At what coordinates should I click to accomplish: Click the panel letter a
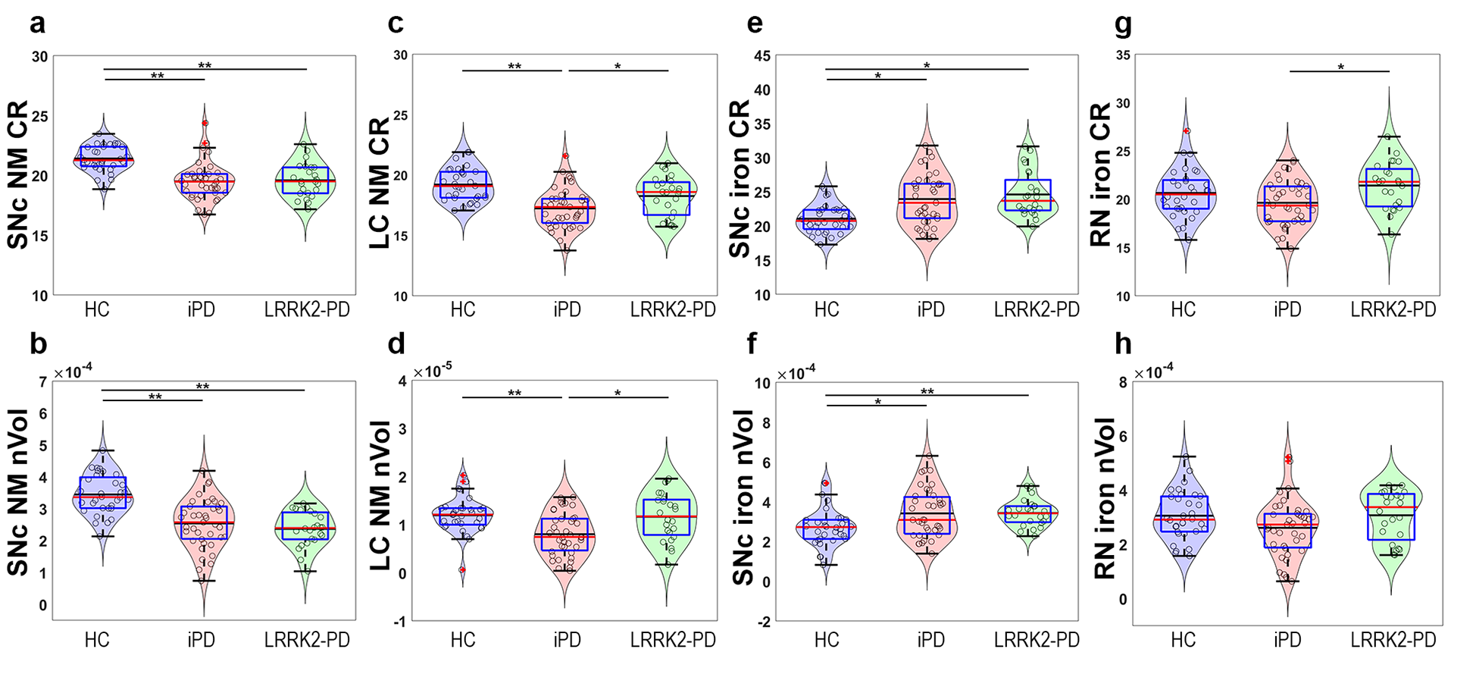[37, 24]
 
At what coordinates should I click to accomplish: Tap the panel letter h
[1123, 345]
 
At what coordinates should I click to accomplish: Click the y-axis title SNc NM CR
[18, 175]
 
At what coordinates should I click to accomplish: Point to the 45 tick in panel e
[761, 56]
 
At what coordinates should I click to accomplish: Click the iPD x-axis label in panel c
[567, 309]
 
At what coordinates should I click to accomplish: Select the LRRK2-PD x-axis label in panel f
[1036, 640]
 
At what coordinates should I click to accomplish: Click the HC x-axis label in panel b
[97, 640]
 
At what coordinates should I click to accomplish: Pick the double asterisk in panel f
[927, 392]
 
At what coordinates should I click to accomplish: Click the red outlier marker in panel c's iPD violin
[565, 156]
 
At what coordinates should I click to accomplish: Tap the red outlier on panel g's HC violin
[1187, 131]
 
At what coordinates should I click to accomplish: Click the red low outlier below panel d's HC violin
[462, 569]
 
